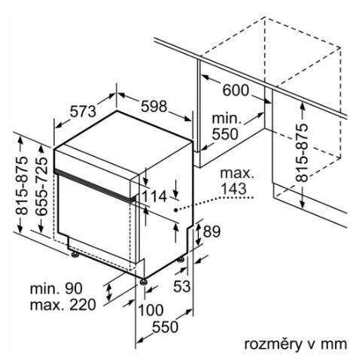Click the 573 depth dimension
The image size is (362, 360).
[83, 111]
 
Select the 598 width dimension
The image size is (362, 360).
[154, 106]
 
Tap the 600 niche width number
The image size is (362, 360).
[236, 90]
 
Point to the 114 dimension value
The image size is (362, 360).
[154, 196]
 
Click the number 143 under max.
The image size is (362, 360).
[233, 189]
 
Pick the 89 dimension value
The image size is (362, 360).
[211, 231]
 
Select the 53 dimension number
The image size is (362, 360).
[182, 286]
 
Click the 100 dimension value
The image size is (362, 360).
[151, 310]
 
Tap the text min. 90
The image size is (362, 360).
[56, 289]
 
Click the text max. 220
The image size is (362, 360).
[63, 305]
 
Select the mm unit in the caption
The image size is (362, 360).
[334, 345]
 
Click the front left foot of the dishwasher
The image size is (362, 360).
[75, 255]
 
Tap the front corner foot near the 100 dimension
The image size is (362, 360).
[144, 282]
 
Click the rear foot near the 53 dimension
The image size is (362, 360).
[181, 259]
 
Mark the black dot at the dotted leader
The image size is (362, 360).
[176, 210]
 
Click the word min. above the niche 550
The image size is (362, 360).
[227, 119]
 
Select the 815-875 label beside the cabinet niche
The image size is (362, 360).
[301, 153]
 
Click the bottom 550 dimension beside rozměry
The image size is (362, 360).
[166, 327]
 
